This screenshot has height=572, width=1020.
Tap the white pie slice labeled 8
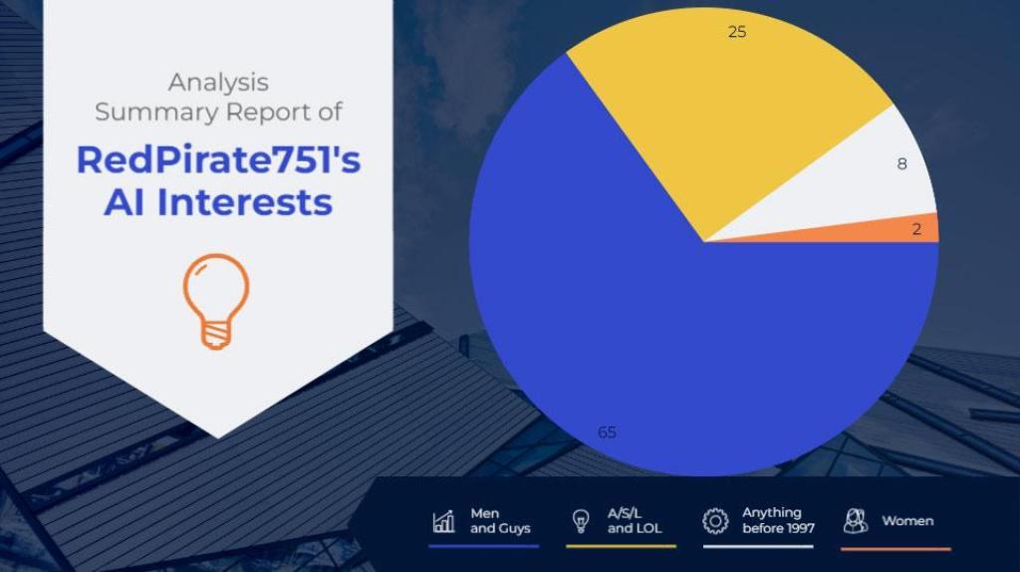[x=866, y=182]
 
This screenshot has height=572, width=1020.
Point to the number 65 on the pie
[x=607, y=432]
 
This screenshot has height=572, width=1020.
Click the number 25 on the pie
[x=737, y=32]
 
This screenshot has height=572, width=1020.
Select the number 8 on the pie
[x=901, y=164]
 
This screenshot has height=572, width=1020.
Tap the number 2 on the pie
[x=916, y=229]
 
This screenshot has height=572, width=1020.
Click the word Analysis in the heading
[x=218, y=83]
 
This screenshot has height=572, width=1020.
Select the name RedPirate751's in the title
[x=218, y=160]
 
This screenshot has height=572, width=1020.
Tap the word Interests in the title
[x=245, y=202]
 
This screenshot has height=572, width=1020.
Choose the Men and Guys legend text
[x=500, y=520]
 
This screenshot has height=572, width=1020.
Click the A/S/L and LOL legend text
[x=635, y=520]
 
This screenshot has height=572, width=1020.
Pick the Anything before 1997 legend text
[x=778, y=520]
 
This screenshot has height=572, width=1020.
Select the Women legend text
[x=907, y=520]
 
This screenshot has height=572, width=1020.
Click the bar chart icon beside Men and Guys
[x=444, y=521]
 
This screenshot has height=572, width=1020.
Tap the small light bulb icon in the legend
[x=581, y=521]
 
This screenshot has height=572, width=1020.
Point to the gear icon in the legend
[x=715, y=521]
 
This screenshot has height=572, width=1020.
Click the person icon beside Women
[x=856, y=521]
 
